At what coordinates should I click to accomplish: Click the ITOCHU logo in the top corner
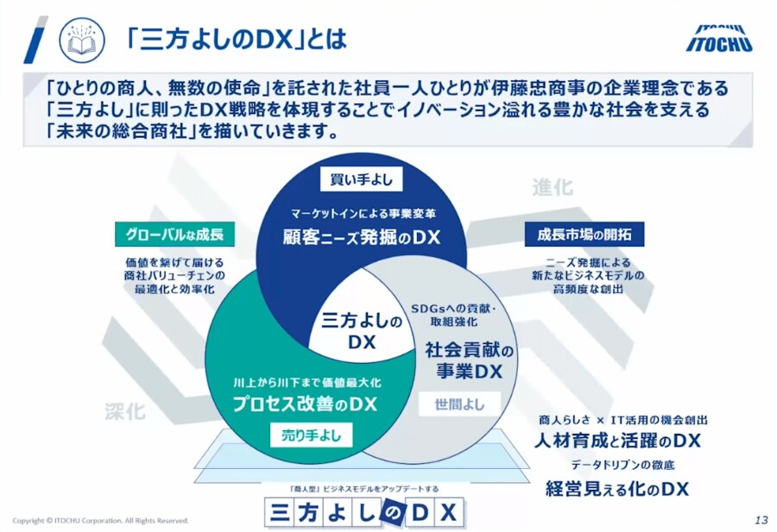[723, 34]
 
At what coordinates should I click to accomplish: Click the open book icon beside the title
[82, 41]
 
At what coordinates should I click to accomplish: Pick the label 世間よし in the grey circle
[459, 403]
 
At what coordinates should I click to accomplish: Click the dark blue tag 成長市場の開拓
[584, 234]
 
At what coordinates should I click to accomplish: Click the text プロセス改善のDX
[306, 403]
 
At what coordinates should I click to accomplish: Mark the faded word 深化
[125, 411]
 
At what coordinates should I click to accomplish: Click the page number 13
[760, 520]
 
